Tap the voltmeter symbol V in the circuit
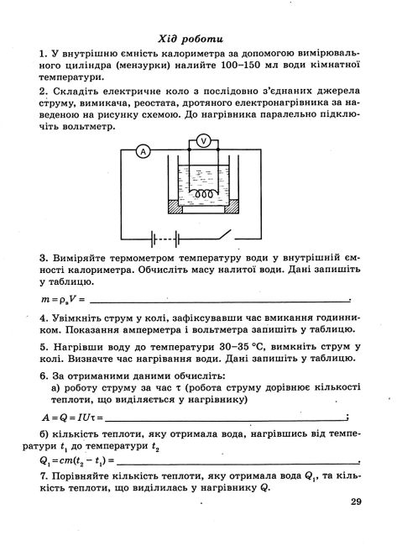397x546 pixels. [201, 139]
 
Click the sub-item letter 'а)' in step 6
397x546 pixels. [56, 388]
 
